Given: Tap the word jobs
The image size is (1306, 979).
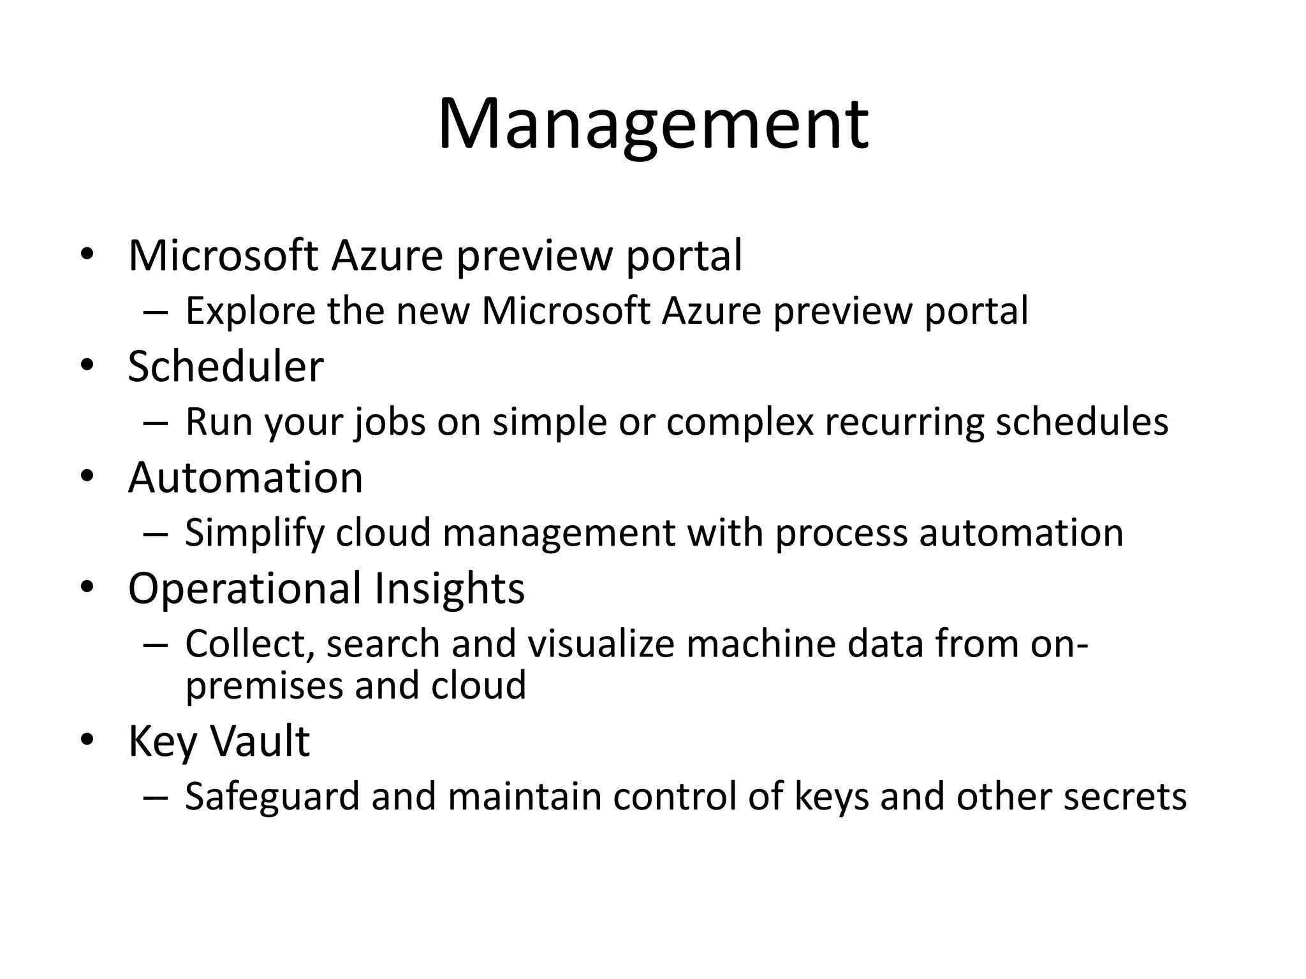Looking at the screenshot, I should tap(390, 422).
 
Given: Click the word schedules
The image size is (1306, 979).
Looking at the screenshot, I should tap(1082, 422).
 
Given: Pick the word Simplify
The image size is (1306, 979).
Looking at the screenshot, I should tap(254, 533).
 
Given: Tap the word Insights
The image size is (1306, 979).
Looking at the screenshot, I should tap(450, 588).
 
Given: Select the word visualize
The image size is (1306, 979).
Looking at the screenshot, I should tap(601, 644).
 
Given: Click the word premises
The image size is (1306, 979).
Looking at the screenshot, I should tap(264, 686).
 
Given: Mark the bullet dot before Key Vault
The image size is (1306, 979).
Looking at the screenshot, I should tap(87, 739).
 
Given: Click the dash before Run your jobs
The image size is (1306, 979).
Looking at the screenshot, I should tap(156, 423).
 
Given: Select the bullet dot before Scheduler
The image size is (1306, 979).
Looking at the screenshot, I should tap(87, 365).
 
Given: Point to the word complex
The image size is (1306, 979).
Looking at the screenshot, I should tap(740, 422).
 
